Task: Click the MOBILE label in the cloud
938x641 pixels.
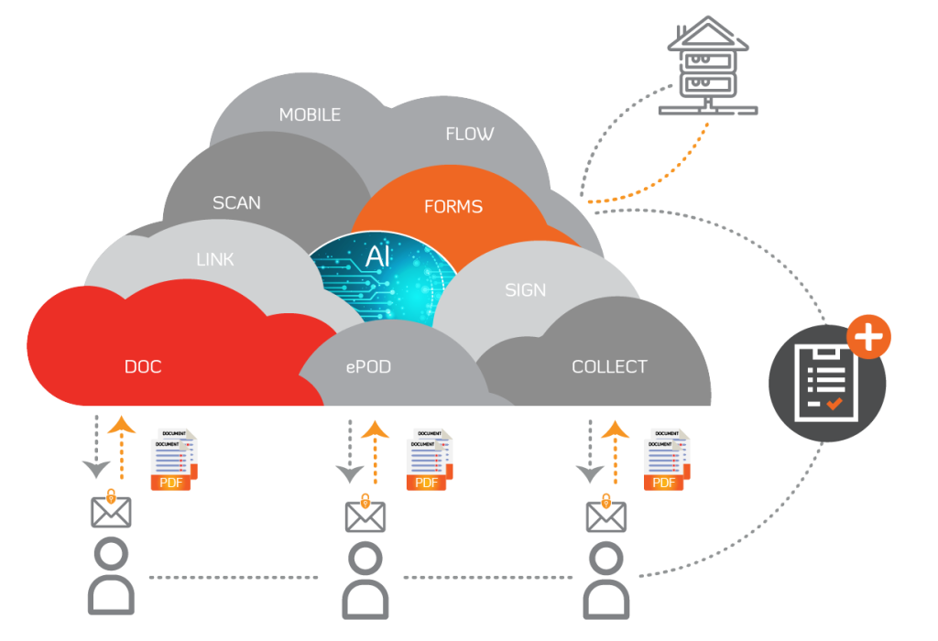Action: click(310, 114)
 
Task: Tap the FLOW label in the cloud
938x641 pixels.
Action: click(469, 134)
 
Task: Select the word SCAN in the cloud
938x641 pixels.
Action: click(236, 202)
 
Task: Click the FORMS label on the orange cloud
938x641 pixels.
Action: click(453, 207)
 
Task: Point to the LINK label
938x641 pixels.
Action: click(215, 259)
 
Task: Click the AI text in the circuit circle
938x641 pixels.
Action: click(377, 257)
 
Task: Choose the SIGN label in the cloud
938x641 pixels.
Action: click(525, 290)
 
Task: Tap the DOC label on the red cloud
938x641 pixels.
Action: click(143, 367)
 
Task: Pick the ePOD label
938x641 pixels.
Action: click(368, 367)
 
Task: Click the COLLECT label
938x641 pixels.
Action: click(609, 366)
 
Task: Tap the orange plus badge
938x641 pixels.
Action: click(868, 336)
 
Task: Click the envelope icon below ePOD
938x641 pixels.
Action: click(365, 515)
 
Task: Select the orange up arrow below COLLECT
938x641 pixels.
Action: click(615, 449)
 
